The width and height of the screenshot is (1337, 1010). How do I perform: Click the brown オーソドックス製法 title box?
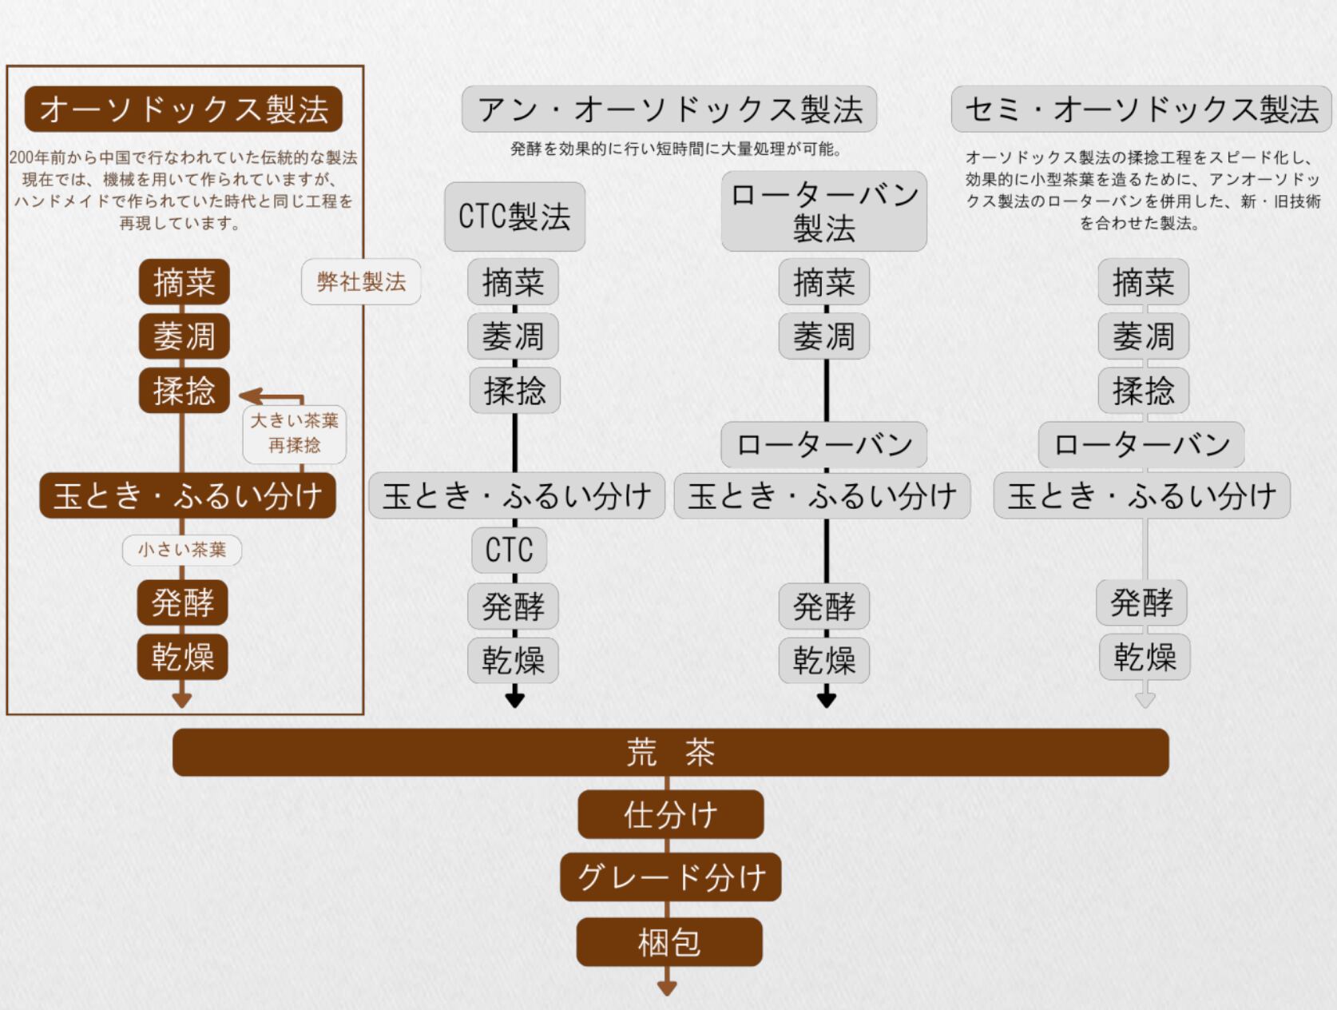(x=184, y=109)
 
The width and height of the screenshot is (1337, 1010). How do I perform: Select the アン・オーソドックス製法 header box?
(x=669, y=109)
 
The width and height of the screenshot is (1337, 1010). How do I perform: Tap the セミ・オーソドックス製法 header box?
(x=1141, y=109)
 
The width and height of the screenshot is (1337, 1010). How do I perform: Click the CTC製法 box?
(x=514, y=217)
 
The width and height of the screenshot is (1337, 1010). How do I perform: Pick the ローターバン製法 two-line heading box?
(x=823, y=211)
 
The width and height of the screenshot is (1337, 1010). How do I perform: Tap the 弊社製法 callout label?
(x=361, y=281)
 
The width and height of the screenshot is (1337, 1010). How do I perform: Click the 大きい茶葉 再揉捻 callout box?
(x=294, y=433)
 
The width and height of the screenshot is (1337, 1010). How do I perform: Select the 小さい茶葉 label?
(x=182, y=550)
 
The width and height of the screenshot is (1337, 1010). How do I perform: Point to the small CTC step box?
(x=509, y=550)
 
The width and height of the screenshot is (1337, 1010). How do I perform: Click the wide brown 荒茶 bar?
(x=670, y=752)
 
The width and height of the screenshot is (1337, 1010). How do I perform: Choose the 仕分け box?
(x=670, y=815)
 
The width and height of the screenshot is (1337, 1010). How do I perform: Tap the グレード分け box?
(x=670, y=877)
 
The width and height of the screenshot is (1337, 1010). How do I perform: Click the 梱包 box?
(x=669, y=942)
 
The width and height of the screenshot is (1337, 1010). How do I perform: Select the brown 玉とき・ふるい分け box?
(x=188, y=495)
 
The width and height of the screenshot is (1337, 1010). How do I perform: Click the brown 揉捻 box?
(x=184, y=390)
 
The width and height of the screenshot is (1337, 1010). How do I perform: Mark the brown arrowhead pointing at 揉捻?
(x=248, y=396)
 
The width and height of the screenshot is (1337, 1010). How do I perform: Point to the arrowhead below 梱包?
(x=667, y=988)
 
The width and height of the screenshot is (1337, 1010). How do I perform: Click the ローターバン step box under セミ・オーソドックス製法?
(x=1141, y=444)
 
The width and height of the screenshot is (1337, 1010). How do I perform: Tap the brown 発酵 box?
(x=183, y=602)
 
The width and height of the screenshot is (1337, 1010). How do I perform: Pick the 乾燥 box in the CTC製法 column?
(x=513, y=660)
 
